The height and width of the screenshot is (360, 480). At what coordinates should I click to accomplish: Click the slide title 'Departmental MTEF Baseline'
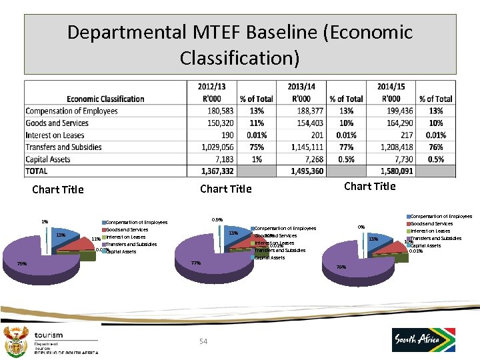pyautogui.click(x=240, y=44)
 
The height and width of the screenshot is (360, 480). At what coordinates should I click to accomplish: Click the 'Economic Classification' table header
pyautogui.click(x=105, y=99)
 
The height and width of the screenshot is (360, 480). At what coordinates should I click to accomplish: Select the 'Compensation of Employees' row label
pyautogui.click(x=71, y=111)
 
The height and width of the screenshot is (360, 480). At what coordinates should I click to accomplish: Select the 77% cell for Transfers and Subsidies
pyautogui.click(x=346, y=147)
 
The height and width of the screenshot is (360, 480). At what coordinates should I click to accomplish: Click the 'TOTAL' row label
pyautogui.click(x=38, y=171)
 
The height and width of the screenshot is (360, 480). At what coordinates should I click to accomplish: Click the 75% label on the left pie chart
pyautogui.click(x=22, y=263)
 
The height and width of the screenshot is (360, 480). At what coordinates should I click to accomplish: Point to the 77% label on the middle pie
pyautogui.click(x=196, y=263)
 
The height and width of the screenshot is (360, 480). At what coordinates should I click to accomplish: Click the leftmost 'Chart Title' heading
pyautogui.click(x=58, y=189)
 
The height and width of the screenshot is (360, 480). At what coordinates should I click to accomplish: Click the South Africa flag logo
pyautogui.click(x=423, y=339)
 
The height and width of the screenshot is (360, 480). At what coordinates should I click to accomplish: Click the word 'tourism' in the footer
pyautogui.click(x=51, y=335)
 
